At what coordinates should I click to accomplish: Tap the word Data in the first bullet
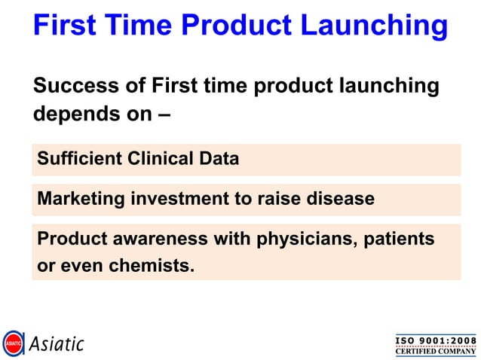(x=220, y=159)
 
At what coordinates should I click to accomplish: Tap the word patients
(x=400, y=239)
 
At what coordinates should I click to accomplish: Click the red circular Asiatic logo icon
(x=13, y=343)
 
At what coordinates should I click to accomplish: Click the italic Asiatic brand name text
(x=57, y=344)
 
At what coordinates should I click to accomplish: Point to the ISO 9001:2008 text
(x=436, y=340)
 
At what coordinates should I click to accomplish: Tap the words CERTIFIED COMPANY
(x=436, y=351)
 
